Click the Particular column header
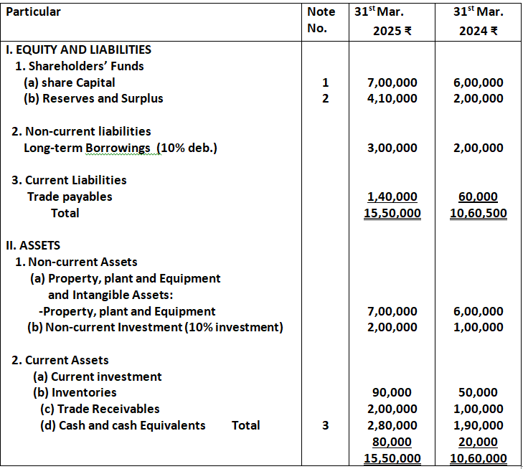33,11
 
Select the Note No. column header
320,20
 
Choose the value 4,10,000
391,98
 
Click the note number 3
325,425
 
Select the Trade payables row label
70,196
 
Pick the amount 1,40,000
391,196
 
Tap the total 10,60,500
478,213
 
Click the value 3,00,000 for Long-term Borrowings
391,148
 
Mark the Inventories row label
75,392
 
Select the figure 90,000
392,392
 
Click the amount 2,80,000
391,425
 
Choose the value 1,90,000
478,425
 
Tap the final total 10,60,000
478,458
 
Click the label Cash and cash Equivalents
122,425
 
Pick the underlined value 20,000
479,442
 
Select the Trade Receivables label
100,409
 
